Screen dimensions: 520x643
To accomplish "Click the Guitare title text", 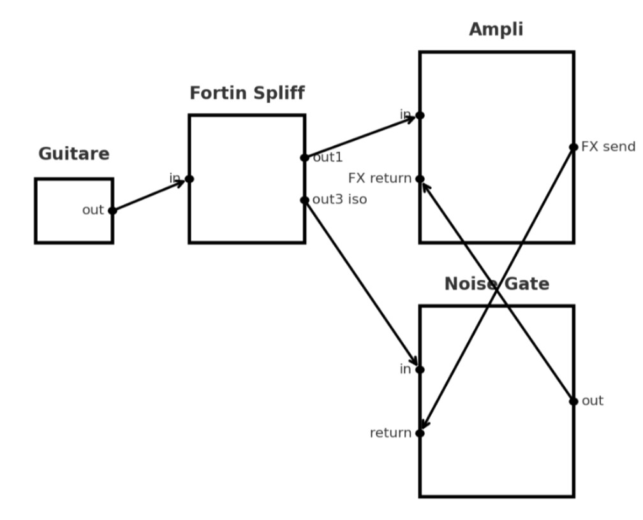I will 74,154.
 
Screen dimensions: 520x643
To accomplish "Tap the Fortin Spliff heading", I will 247,93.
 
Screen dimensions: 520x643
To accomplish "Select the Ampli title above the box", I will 496,29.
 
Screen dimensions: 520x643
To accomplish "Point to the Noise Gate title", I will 496,284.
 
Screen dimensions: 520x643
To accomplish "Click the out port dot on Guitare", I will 112,210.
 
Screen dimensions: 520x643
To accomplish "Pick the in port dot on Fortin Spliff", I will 189,179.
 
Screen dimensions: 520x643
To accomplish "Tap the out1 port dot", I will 304,157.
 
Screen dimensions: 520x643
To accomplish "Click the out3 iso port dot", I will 304,200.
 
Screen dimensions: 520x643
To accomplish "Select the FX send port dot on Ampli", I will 573,147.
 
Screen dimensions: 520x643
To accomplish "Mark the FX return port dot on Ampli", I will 420,179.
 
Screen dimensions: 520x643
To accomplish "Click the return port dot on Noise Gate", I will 420,433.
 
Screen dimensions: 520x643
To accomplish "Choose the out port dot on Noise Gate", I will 573,401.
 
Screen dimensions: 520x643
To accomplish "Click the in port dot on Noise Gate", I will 420,370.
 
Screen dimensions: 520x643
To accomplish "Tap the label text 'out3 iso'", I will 339,199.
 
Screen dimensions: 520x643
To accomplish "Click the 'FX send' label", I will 608,147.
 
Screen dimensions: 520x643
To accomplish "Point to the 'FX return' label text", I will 380,178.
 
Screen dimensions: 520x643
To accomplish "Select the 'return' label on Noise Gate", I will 390,433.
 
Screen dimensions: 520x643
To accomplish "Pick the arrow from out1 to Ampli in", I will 362,136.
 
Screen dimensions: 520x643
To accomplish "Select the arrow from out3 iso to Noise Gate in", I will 362,284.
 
